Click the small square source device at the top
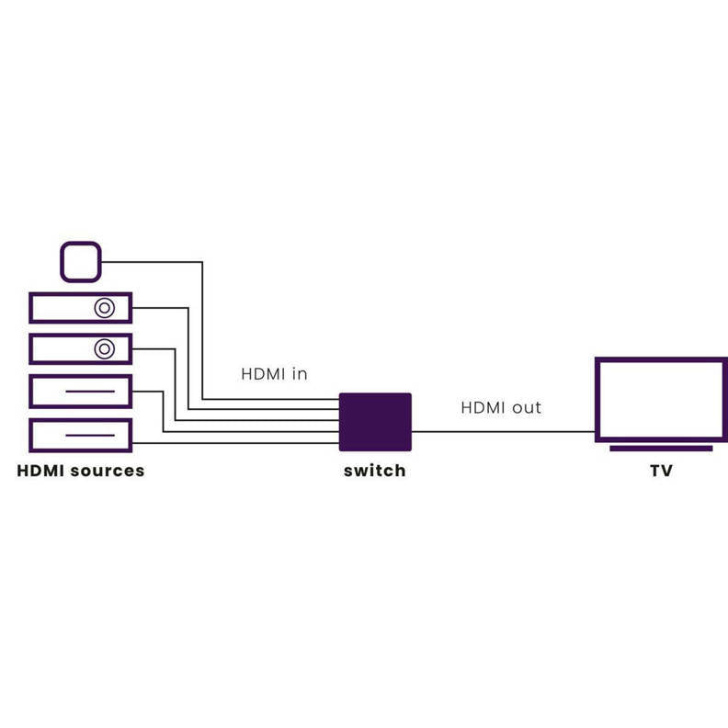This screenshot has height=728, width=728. (x=81, y=261)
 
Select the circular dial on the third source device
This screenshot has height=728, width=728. (x=105, y=349)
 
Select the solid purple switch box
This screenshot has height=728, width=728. (x=375, y=422)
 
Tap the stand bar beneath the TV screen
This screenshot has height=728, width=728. (x=660, y=449)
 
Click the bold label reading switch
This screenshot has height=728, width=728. (x=374, y=471)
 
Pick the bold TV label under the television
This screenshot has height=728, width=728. (x=660, y=471)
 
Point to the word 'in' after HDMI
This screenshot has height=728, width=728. (x=300, y=374)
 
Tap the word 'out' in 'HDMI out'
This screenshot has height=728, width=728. (x=526, y=406)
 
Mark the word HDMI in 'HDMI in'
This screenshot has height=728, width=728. (x=262, y=374)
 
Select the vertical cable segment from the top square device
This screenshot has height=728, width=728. (x=202, y=331)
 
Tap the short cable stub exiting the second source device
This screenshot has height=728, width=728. (x=161, y=308)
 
